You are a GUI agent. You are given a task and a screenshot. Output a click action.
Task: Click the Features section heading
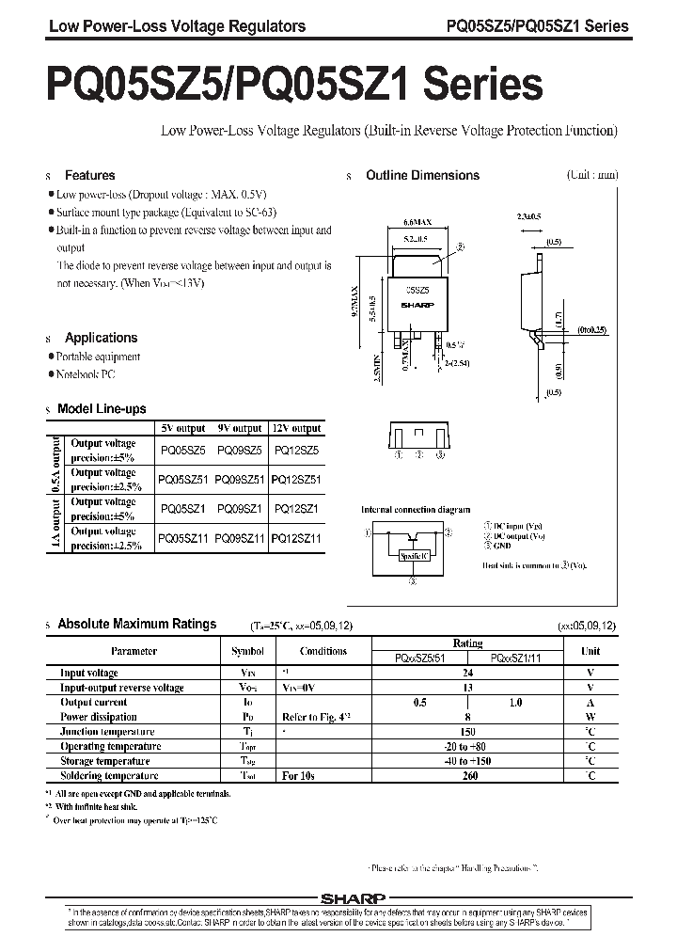pos(89,175)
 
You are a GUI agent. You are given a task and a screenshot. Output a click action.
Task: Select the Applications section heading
pos(101,338)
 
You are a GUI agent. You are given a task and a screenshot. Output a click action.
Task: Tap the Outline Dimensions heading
pos(422,175)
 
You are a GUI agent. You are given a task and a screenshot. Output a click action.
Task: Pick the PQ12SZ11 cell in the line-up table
pos(295,538)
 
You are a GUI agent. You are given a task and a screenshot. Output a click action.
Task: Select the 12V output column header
pos(295,428)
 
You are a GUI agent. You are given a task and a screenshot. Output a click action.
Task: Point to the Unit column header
pos(590,650)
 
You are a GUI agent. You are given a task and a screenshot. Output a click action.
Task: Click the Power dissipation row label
pos(100,717)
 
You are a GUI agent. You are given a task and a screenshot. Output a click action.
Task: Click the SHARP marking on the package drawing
pos(415,306)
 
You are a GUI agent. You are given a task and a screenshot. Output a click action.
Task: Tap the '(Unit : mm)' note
pos(592,175)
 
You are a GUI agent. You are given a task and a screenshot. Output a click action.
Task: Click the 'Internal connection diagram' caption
pos(416,510)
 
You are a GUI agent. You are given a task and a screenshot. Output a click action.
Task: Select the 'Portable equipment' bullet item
pos(98,357)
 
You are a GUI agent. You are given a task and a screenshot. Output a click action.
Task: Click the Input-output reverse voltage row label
pos(122,688)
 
